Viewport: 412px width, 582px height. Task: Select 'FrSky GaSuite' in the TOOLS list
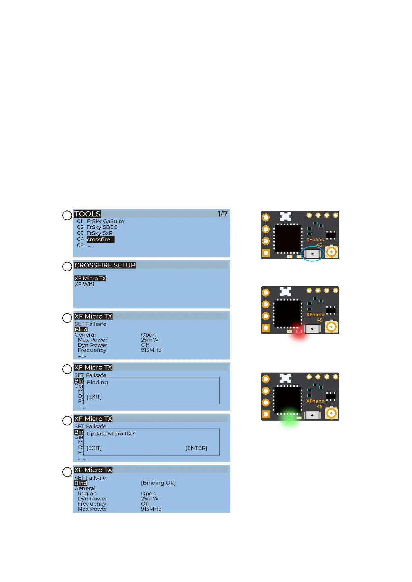pos(105,221)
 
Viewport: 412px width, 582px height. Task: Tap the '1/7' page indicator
pos(222,214)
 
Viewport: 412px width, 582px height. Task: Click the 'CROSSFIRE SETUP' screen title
pos(105,265)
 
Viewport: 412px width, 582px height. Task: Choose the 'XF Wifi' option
pos(84,284)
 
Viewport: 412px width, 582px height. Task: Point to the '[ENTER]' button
pos(196,448)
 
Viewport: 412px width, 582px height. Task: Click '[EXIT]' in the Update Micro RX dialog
pos(94,448)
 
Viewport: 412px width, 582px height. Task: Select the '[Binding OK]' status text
pos(158,483)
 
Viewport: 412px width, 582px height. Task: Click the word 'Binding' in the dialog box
pos(97,382)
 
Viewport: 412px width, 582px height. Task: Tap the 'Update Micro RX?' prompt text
pos(110,434)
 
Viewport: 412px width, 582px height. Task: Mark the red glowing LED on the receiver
pos(299,331)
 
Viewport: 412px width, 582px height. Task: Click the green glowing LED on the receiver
pos(290,418)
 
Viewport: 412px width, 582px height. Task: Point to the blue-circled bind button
pos(312,254)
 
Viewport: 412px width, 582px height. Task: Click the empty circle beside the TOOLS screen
pos(67,215)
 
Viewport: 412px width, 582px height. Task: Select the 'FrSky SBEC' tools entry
pos(102,227)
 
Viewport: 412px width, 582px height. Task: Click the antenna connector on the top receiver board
pos(331,252)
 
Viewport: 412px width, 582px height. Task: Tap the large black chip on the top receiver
pos(287,238)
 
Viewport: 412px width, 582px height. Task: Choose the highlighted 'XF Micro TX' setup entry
pos(90,278)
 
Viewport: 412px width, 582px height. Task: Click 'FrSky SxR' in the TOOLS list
pos(100,233)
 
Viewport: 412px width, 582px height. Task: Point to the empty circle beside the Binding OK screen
pos(67,472)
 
